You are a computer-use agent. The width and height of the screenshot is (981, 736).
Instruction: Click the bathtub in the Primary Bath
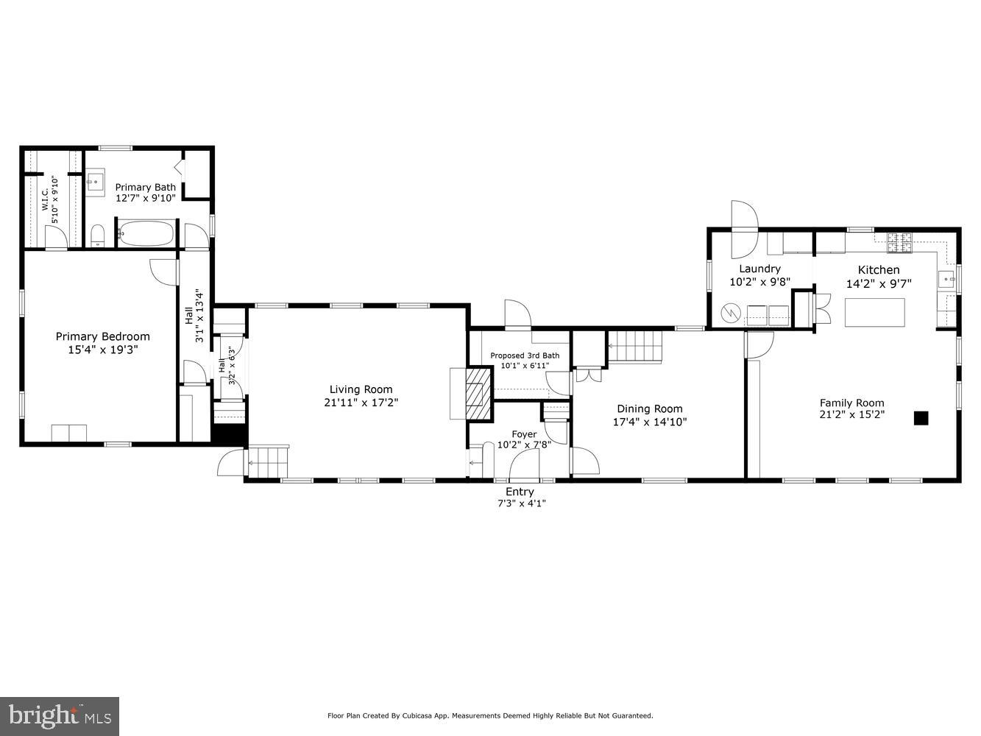pos(146,235)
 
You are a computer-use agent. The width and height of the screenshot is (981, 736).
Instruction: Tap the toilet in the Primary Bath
pos(97,236)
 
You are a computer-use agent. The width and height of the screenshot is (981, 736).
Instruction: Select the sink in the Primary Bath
pos(95,182)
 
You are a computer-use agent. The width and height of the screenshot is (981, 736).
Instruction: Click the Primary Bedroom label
pos(102,336)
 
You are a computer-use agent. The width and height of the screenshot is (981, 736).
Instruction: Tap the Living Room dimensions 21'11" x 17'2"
pos(361,402)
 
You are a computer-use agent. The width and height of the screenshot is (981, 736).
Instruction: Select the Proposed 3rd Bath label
pos(525,355)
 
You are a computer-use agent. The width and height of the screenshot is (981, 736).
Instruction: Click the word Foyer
pos(524,434)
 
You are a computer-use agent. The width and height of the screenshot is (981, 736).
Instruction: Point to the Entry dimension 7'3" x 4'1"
pos(520,503)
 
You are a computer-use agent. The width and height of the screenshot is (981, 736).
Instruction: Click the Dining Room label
pos(649,408)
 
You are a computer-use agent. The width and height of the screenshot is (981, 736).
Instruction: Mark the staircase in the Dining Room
pos(634,347)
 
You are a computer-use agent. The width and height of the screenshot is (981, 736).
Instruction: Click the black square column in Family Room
pos(921,418)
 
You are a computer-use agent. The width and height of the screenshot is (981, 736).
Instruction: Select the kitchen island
pos(874,312)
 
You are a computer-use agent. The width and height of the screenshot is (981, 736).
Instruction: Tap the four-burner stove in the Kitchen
pos(900,238)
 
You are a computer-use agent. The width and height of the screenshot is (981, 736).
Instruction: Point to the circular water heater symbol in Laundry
pos(731,313)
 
